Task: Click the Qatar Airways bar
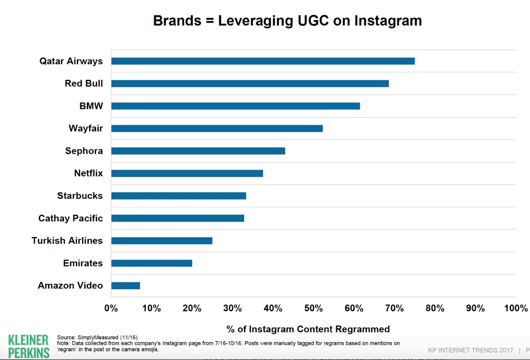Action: tap(263, 61)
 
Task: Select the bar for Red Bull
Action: tap(250, 83)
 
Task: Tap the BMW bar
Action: tap(236, 106)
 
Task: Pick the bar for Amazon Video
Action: tap(126, 285)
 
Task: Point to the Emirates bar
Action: tap(152, 263)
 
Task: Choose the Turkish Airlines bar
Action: tap(162, 241)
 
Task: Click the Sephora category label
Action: tap(84, 151)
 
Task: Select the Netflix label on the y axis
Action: tap(88, 173)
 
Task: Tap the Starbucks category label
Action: tap(80, 196)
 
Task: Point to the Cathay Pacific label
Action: tap(71, 218)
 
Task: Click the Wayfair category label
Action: tap(86, 129)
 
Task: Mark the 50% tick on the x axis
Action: tap(313, 308)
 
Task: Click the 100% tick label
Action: tap(515, 308)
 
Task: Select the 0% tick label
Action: tap(111, 308)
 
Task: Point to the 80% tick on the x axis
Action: tap(435, 308)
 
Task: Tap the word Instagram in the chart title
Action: tap(388, 21)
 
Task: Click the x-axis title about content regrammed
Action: tap(308, 329)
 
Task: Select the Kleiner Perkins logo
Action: tap(28, 346)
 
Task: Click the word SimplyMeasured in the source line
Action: tap(98, 337)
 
